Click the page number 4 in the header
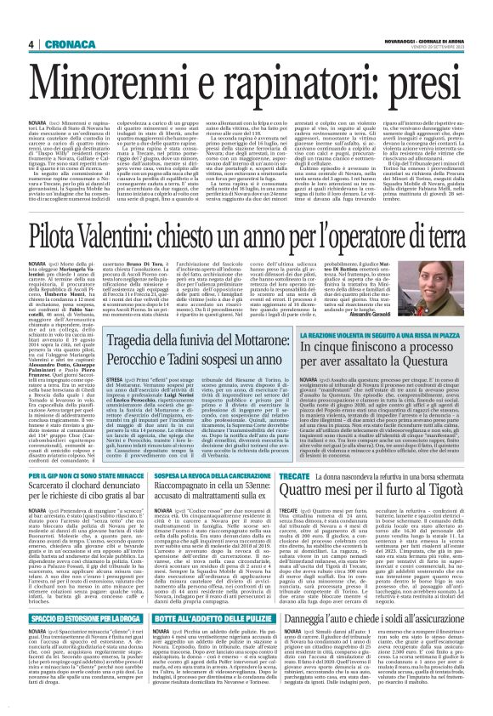coord(31,44)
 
